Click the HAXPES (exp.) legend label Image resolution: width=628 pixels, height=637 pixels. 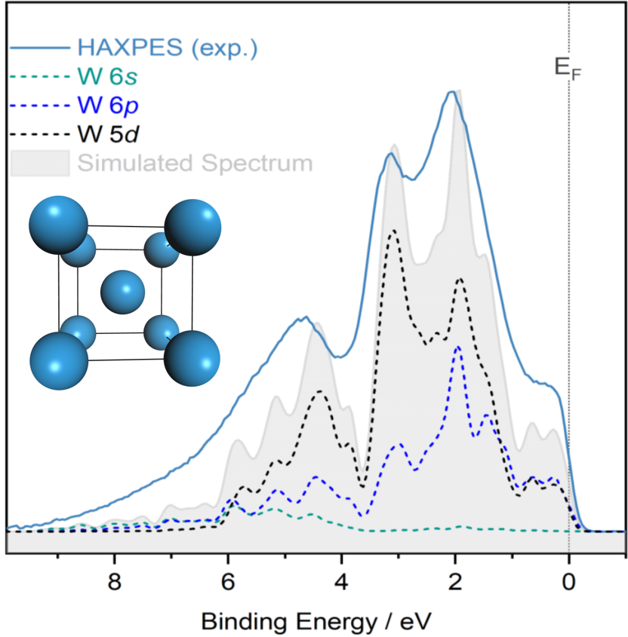pyautogui.click(x=167, y=47)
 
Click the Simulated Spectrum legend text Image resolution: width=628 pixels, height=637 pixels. pyautogui.click(x=194, y=162)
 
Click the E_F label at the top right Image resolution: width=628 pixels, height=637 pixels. pyautogui.click(x=568, y=69)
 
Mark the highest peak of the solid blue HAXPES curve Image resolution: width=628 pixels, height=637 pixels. pyautogui.click(x=451, y=92)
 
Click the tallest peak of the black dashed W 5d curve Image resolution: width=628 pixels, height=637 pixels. pyautogui.click(x=393, y=231)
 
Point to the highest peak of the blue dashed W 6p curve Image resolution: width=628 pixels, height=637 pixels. pyautogui.click(x=457, y=347)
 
